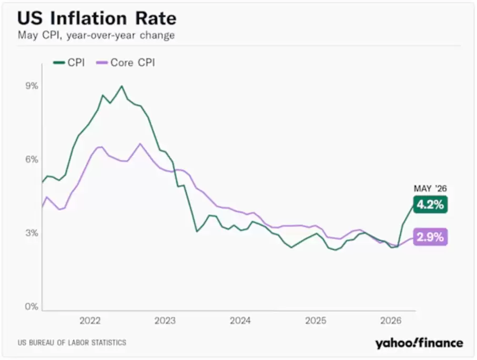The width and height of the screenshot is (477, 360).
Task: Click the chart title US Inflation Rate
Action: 97,18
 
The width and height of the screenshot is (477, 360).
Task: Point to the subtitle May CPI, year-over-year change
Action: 96,35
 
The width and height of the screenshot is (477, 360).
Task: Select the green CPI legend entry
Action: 69,63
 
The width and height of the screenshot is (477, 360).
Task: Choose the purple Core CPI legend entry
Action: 125,63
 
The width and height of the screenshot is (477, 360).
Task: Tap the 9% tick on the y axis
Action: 32,86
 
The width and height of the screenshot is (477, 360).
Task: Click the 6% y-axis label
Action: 32,159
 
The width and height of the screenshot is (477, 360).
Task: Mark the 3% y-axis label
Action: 32,233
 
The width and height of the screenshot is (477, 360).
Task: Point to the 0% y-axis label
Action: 32,306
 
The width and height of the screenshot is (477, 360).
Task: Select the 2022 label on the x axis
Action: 90,321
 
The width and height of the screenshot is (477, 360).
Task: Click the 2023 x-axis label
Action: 165,321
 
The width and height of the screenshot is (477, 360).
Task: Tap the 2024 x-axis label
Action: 240,321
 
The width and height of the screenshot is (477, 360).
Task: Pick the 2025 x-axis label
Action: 316,321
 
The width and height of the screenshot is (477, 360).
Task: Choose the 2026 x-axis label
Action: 391,321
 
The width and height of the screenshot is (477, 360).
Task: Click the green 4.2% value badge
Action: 430,204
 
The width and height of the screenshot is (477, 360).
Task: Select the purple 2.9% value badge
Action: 430,237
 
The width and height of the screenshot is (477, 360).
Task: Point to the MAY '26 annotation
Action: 430,189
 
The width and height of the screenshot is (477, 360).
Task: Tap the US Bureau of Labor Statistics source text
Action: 72,343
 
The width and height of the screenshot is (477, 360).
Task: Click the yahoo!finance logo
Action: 419,343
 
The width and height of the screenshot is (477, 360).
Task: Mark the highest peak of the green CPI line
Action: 122,86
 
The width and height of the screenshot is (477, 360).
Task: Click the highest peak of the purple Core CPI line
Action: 140,143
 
